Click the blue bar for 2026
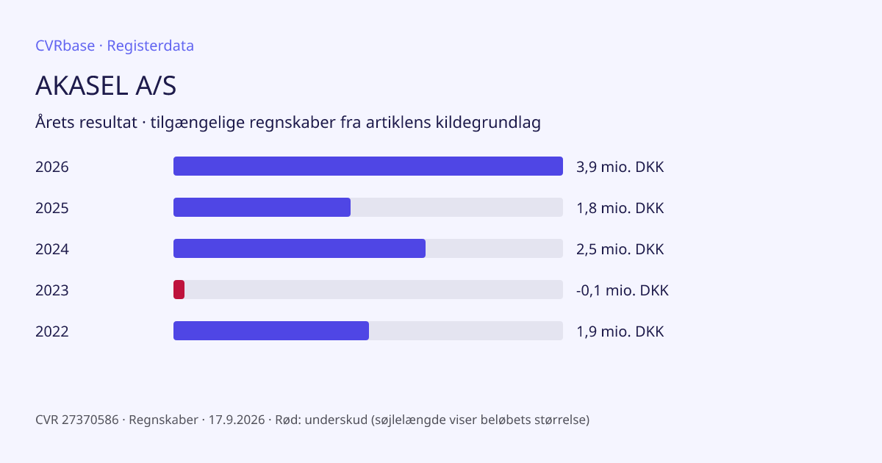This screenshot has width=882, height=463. coord(368,166)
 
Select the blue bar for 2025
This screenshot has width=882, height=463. coord(262,207)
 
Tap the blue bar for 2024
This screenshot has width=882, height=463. coord(299,248)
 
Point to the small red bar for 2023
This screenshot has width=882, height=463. coord(179,290)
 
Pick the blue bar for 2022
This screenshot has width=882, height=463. coord(271,331)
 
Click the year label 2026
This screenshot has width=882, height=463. coord(52,167)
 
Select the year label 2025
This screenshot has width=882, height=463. coord(52,208)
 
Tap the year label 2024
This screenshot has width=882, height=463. coord(52,249)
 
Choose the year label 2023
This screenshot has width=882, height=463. coord(52,290)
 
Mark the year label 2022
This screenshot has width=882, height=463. coord(52,331)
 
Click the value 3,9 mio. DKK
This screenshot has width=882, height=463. coord(620,167)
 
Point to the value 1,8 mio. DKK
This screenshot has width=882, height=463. coord(620,208)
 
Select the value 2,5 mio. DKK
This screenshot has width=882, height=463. coord(620,249)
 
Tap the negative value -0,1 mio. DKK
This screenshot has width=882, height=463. coord(623,290)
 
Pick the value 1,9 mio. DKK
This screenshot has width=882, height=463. coord(620,331)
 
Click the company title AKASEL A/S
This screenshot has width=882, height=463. coord(106,85)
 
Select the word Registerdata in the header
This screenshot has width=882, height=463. coord(151,46)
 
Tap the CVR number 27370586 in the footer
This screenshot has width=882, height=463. coord(90,420)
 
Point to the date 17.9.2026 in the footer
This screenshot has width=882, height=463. coord(237,420)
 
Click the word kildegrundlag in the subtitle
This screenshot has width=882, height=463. coord(488,123)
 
